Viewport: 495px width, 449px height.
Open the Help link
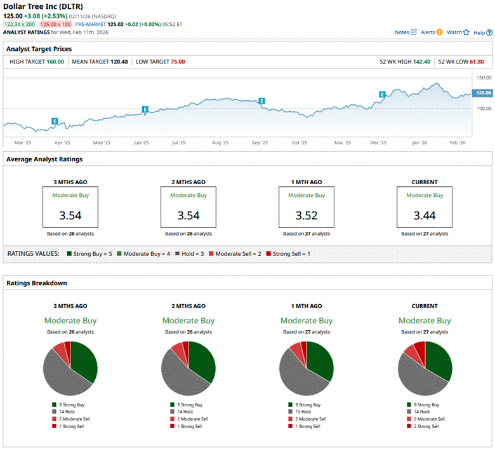coord(480,32)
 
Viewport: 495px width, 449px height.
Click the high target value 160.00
coord(55,62)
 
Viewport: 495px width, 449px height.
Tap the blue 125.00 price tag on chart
coord(484,93)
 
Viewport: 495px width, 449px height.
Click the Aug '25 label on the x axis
coord(220,143)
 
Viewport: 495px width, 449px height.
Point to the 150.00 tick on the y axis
coord(484,77)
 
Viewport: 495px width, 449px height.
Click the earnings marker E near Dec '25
coord(382,94)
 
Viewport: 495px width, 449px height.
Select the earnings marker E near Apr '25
coord(55,121)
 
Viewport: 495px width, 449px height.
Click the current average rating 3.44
coord(425,215)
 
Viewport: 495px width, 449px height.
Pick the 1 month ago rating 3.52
coord(307,215)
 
